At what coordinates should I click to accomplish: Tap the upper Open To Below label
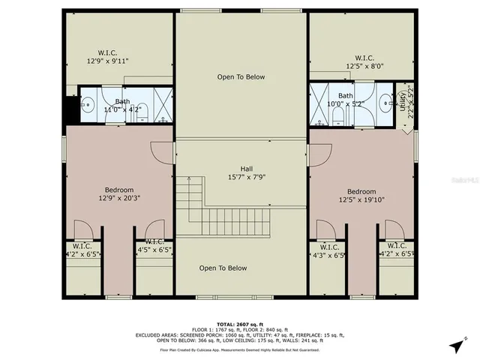241,76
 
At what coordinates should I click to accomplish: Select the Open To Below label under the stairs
223,268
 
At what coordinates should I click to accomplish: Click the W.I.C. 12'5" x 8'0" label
364,61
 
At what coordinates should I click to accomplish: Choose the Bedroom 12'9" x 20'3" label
119,194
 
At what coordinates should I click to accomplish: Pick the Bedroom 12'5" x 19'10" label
361,195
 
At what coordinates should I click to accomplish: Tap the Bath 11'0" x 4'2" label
122,106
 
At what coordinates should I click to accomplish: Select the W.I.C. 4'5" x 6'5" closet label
154,246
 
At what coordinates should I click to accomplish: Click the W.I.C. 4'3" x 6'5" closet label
329,250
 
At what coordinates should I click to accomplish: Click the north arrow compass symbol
456,346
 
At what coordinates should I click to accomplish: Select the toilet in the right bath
338,114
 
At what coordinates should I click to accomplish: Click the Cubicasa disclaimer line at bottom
240,349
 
